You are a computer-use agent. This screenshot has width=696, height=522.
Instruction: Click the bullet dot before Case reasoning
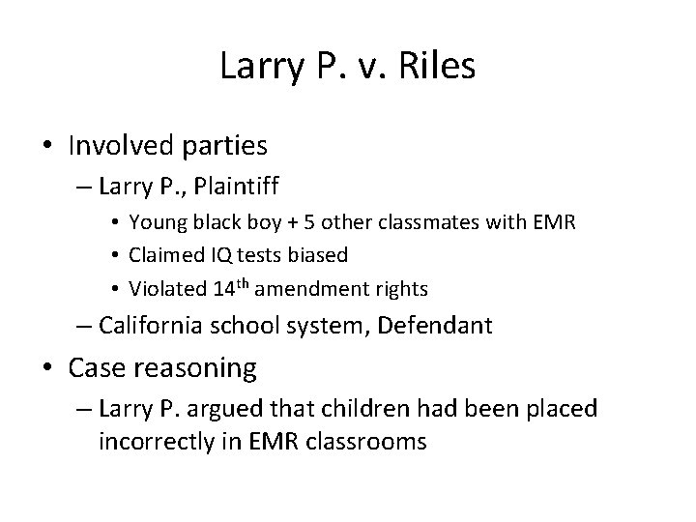47,368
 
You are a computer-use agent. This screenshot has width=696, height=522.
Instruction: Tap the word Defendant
441,327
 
